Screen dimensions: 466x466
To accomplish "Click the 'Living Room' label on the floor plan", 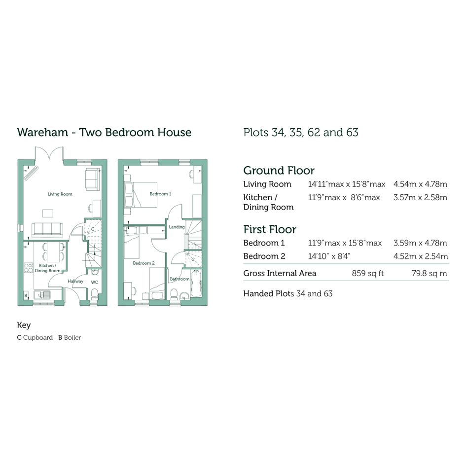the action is click(60, 194).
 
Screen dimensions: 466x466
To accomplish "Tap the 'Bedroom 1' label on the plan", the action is click(160, 194).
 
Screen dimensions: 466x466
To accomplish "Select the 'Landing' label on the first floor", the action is click(177, 227).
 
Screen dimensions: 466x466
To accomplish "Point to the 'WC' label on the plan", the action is click(95, 283).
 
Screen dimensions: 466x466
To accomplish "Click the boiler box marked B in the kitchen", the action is click(26, 295).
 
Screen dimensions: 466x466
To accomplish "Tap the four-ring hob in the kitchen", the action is click(29, 268).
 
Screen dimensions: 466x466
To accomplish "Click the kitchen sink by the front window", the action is click(42, 295).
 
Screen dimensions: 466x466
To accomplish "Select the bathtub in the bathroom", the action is click(196, 283).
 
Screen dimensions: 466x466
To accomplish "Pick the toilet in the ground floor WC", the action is click(94, 295).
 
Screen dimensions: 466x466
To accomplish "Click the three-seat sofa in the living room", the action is click(47, 230).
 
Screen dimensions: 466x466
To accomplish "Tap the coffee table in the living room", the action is click(47, 214).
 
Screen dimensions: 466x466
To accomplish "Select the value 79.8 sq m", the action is click(430, 273).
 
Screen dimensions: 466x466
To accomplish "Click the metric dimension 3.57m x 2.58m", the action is click(420, 197).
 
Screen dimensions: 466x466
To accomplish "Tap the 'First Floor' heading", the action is click(270, 229).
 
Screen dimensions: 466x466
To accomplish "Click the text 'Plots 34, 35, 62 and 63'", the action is click(301, 132).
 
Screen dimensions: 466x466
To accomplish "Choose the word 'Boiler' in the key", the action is click(72, 338).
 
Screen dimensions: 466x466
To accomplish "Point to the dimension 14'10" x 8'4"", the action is click(329, 256).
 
